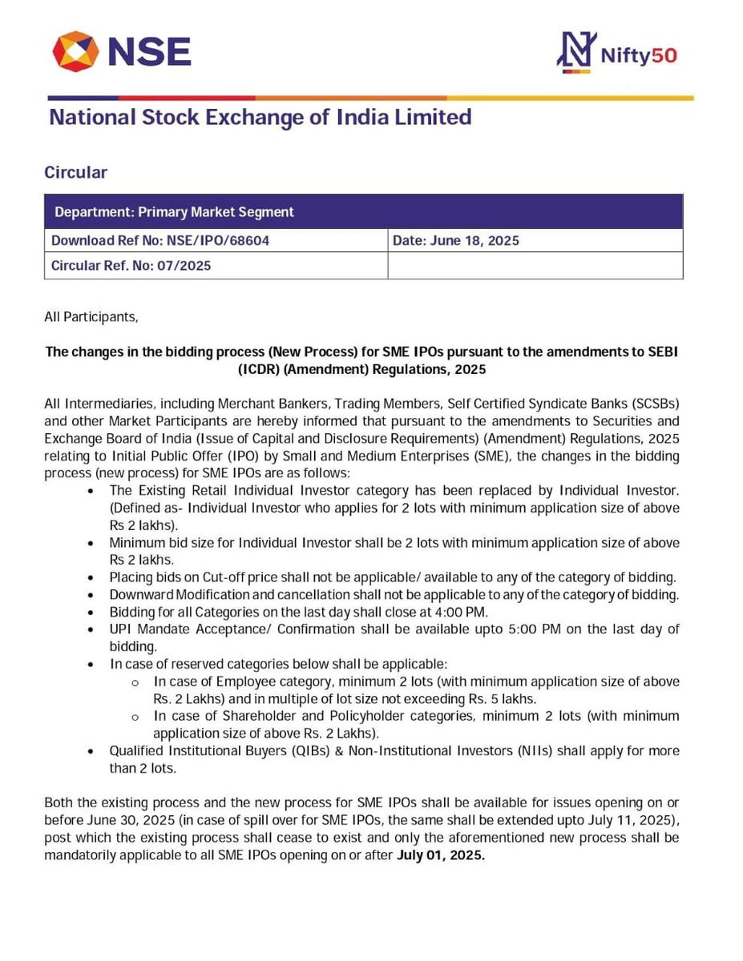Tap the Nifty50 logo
(616, 53)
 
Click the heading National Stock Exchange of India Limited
(260, 118)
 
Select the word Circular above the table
(75, 172)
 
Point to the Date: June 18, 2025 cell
(455, 240)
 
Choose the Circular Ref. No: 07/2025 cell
(131, 265)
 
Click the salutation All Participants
(91, 317)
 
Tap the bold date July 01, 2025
(441, 854)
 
